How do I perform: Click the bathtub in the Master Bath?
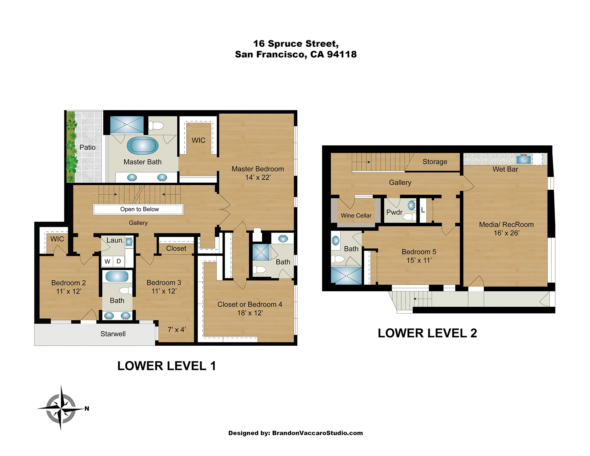142,146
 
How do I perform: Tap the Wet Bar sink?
524,159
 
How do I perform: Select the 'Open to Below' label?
140,209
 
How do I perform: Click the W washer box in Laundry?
107,261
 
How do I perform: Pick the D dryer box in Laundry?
119,261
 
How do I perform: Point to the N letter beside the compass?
87,408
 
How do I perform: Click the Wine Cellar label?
356,215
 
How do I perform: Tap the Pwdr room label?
394,212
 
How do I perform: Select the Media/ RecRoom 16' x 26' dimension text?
507,233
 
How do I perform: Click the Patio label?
88,147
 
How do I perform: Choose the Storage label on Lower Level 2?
435,162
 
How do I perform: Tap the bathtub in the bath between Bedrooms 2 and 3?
117,277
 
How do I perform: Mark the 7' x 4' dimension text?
177,330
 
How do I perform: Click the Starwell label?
113,334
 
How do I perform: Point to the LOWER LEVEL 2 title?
427,333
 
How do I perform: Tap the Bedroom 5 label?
419,252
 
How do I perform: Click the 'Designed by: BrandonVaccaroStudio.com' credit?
296,433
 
